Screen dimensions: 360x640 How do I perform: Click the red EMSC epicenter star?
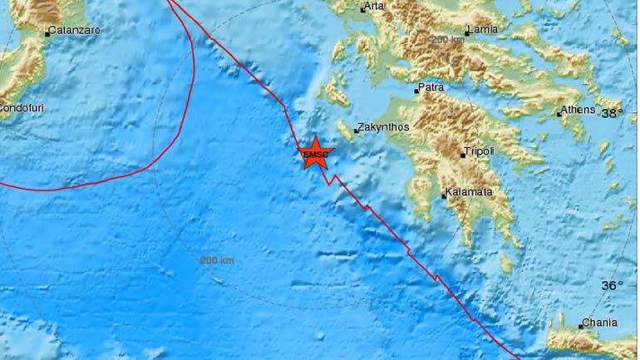315,154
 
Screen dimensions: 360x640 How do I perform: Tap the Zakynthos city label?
385,130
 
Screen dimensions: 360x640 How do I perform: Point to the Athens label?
579,110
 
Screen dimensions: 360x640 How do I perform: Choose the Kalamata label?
470,192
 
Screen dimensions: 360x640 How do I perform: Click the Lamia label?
483,30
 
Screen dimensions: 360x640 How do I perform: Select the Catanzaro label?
75,31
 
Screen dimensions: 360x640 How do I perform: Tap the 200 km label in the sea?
217,260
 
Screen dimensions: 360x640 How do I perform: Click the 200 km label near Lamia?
448,40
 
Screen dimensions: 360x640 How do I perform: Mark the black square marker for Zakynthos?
357,131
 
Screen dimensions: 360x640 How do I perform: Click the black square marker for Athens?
559,114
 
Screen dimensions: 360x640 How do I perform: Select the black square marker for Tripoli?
463,155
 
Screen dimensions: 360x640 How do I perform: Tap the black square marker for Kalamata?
444,197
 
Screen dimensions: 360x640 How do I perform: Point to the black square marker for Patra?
416,91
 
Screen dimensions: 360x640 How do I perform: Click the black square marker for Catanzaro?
47,34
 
